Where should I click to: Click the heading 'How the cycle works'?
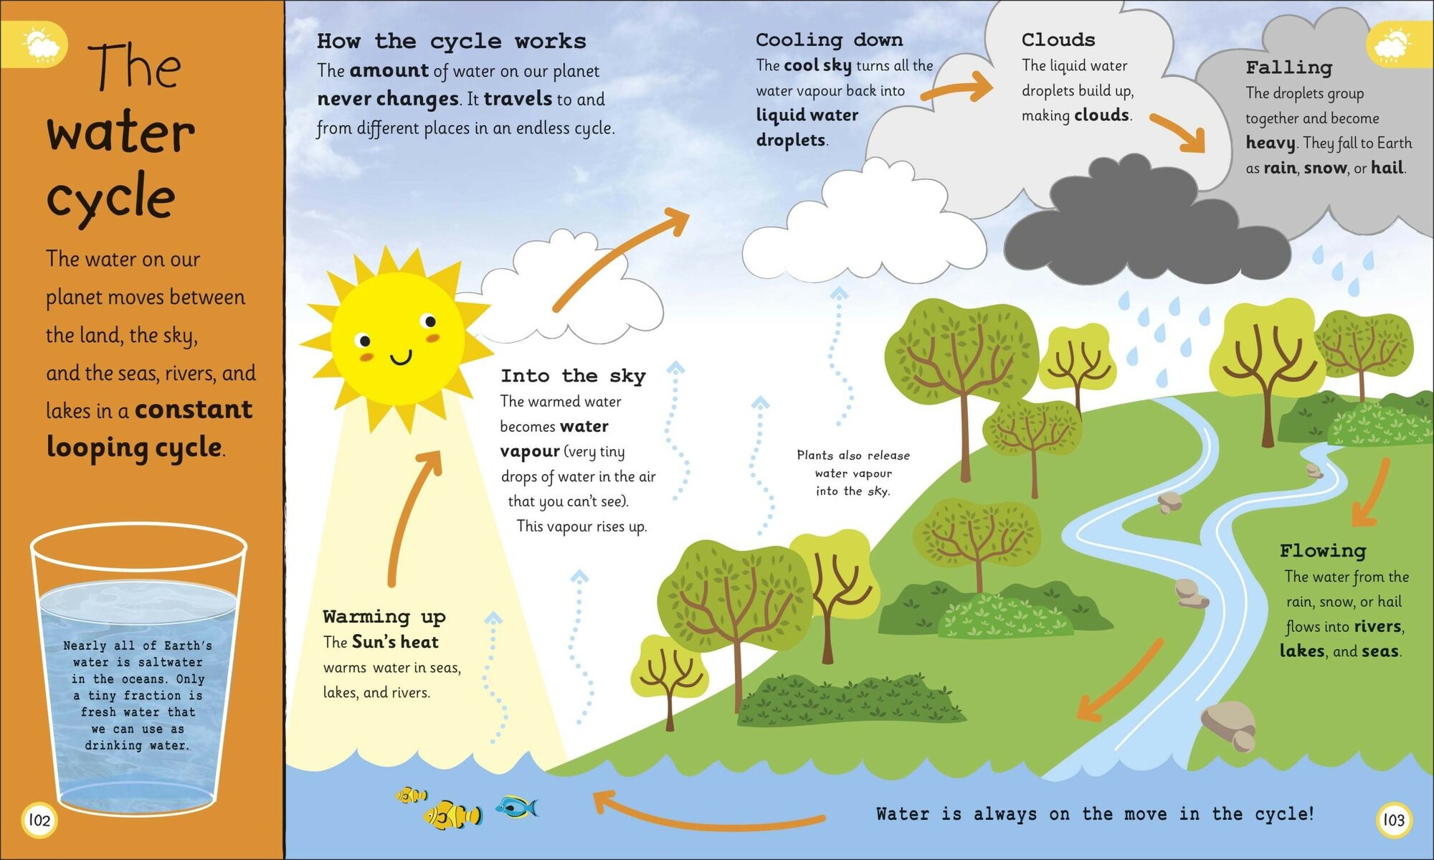(x=451, y=42)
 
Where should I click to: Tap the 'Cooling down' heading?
(x=829, y=40)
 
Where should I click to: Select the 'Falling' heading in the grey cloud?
(x=1288, y=67)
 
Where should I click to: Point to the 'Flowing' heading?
(x=1322, y=551)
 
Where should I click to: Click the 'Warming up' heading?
(x=384, y=617)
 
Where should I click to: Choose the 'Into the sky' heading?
(x=572, y=376)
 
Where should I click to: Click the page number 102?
(x=39, y=820)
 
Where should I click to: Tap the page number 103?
(x=1393, y=820)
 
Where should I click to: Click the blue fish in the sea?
(x=517, y=808)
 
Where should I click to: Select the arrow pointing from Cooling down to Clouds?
(x=956, y=89)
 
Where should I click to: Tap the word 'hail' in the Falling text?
(x=1387, y=168)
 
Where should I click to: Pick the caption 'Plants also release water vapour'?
(x=853, y=473)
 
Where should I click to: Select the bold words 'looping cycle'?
(x=134, y=447)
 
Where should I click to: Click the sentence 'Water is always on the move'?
(x=1094, y=814)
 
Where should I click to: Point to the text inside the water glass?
(x=138, y=695)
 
